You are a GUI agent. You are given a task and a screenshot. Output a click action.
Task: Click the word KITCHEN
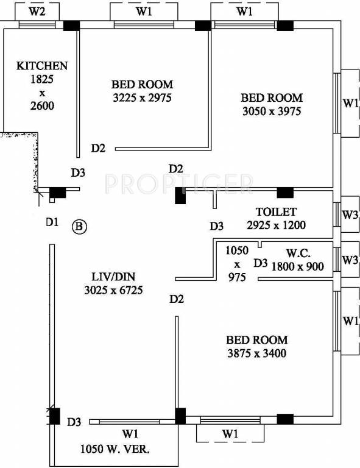[42, 66]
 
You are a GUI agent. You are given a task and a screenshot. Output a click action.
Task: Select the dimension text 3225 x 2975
[142, 97]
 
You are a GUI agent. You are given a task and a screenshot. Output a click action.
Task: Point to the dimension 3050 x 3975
[271, 111]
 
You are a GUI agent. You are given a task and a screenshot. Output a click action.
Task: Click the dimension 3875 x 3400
[256, 353]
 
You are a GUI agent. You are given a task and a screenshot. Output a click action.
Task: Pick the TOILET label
[276, 212]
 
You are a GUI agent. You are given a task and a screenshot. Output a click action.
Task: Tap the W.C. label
[300, 253]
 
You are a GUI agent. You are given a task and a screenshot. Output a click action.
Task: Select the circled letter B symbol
[80, 227]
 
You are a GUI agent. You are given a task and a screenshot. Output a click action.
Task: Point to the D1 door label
[52, 222]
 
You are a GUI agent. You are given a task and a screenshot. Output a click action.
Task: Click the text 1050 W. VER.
[116, 450]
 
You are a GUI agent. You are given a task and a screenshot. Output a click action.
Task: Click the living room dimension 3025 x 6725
[113, 291]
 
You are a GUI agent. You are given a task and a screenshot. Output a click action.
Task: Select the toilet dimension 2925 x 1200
[276, 225]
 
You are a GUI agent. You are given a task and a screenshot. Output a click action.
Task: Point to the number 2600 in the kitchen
[42, 105]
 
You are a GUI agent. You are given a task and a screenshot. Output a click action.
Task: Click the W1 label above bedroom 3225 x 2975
[144, 11]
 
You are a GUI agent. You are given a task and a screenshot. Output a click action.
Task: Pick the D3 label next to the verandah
[74, 422]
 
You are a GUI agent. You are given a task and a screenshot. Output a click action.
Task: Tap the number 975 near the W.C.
[236, 277]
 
